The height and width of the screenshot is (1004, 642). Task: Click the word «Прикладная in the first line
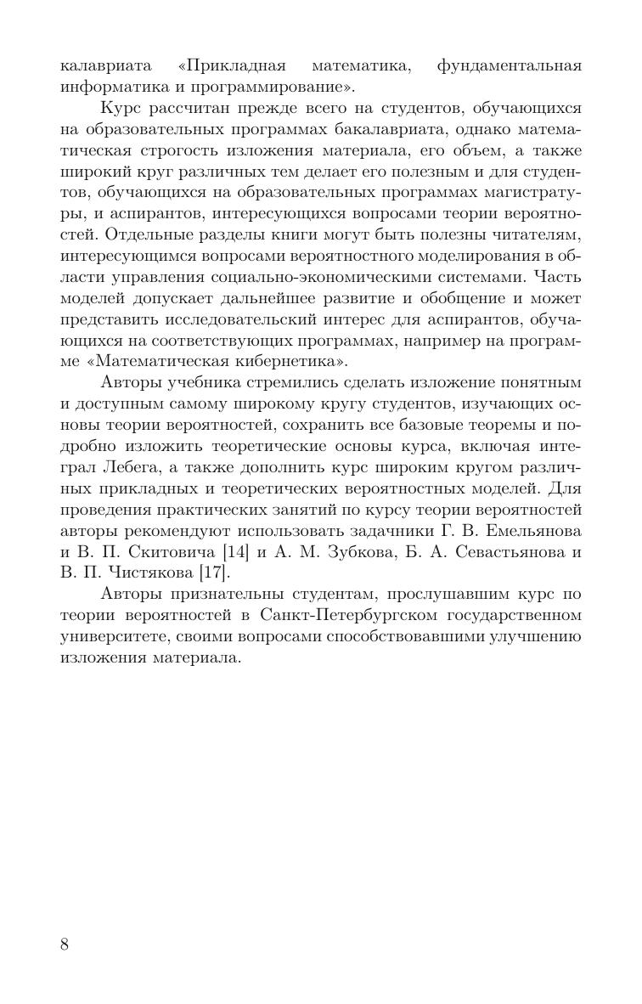coord(232,65)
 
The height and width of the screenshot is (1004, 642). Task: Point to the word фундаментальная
coord(509,65)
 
